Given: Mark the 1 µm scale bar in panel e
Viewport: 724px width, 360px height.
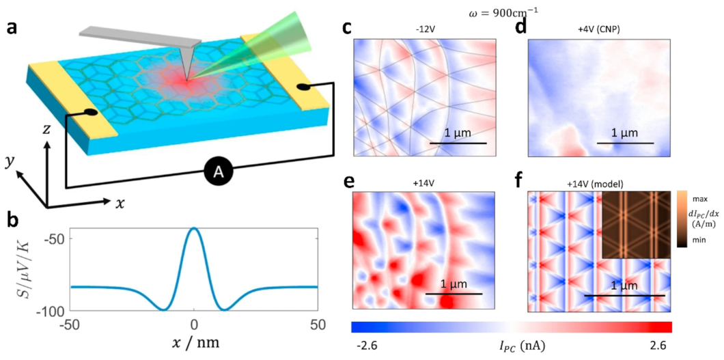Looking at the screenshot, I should (x=454, y=293).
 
